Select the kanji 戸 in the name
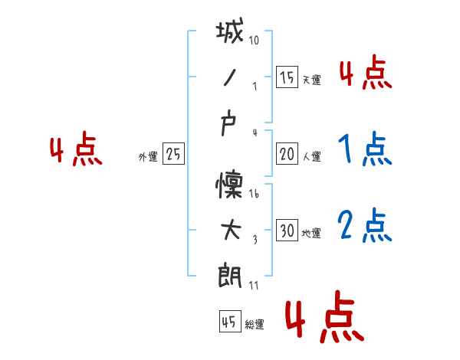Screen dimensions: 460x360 pyautogui.click(x=230, y=125)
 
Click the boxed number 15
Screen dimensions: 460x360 pyautogui.click(x=287, y=77)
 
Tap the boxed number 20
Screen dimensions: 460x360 pyautogui.click(x=287, y=154)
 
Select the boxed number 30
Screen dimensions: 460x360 pyautogui.click(x=287, y=231)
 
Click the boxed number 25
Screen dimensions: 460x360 pyautogui.click(x=173, y=154)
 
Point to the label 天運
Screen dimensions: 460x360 pyautogui.click(x=311, y=80)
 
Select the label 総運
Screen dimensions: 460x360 pyautogui.click(x=254, y=324)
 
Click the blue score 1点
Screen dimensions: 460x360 pyautogui.click(x=364, y=150)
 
